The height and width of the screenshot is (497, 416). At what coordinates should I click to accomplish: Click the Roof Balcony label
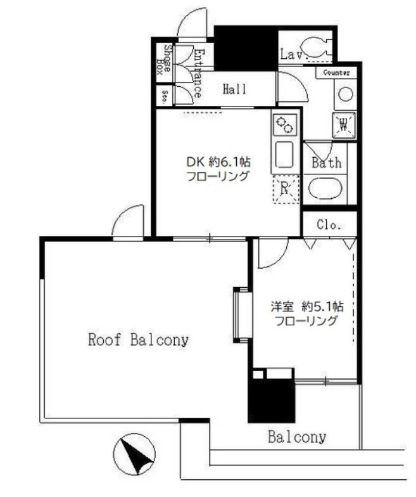(x=138, y=340)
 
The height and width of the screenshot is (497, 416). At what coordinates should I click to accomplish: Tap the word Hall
(x=234, y=89)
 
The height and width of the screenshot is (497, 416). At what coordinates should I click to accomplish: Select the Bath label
(x=327, y=163)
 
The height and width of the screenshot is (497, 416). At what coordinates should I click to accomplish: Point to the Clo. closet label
(x=329, y=224)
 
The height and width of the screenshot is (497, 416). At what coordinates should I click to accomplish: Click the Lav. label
(x=293, y=55)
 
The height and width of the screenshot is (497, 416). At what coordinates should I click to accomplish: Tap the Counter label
(x=337, y=74)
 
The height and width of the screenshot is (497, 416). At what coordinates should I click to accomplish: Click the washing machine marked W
(x=344, y=124)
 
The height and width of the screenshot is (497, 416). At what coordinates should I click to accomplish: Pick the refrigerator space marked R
(x=285, y=189)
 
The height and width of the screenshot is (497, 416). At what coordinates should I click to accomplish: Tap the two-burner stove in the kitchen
(x=284, y=125)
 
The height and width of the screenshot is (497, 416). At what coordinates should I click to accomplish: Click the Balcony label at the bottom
(x=296, y=437)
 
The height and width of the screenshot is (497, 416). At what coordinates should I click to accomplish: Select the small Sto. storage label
(x=164, y=97)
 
